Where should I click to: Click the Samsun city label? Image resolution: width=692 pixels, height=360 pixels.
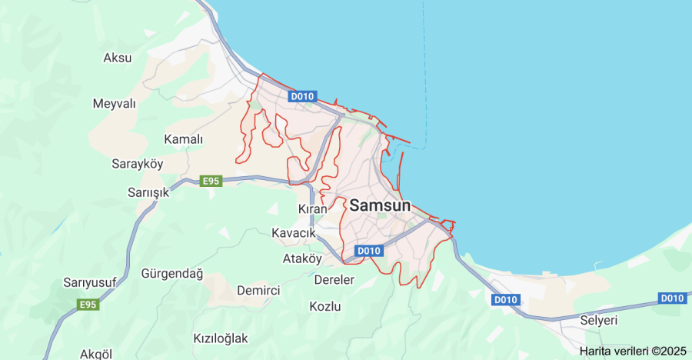[380, 205]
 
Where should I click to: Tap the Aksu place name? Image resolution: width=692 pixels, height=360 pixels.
[118, 58]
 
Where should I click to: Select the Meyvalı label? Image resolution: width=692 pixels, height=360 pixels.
[114, 103]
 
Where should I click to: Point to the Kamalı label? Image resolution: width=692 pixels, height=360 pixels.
[184, 139]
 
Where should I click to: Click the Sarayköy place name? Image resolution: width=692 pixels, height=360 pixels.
[138, 165]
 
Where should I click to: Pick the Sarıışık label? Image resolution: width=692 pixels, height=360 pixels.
[148, 192]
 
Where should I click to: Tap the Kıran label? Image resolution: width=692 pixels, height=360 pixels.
[313, 208]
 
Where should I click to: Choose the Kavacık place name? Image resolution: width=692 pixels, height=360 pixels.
[294, 232]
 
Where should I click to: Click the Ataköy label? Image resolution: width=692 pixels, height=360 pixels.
[302, 258]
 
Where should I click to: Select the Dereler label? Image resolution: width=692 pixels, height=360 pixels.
[334, 279]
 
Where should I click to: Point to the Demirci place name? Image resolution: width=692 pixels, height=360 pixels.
[258, 290]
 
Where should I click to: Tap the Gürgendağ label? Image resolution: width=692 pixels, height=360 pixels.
[172, 273]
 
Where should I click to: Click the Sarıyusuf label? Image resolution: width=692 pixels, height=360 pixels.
[90, 282]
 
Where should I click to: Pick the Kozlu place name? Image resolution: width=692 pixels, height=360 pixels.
[324, 306]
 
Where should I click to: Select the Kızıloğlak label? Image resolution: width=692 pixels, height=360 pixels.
[221, 338]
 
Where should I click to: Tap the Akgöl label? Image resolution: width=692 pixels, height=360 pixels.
[96, 354]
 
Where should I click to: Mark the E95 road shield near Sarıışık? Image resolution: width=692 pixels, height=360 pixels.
[211, 182]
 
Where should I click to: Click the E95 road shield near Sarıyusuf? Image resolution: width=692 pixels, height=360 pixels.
[88, 305]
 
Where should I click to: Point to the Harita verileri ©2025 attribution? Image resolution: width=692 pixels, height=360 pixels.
[633, 351]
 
